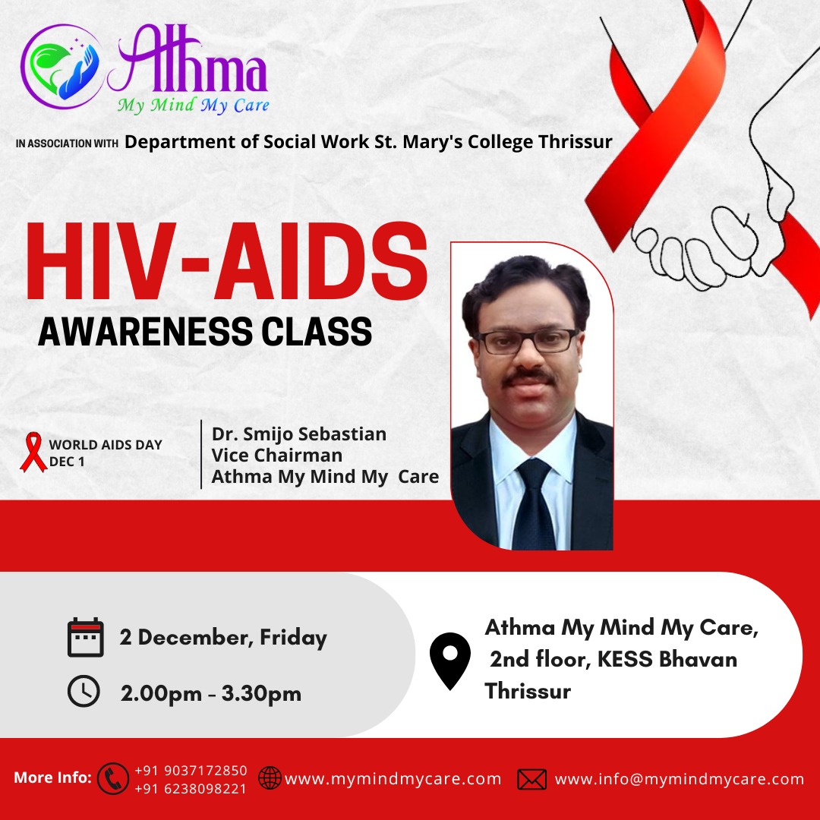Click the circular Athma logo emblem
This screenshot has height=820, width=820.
coord(62,66)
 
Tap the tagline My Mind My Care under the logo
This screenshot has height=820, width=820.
coord(194,105)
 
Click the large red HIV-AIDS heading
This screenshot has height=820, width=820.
coord(227,261)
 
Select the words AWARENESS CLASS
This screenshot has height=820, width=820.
coord(205,331)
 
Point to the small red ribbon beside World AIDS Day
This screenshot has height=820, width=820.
coord(33,452)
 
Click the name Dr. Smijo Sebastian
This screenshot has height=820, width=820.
coord(298,434)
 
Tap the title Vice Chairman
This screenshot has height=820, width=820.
coord(276,455)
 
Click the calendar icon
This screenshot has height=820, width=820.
coord(86,637)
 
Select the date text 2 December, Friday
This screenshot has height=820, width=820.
coord(223,638)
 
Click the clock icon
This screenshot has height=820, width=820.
coord(84,691)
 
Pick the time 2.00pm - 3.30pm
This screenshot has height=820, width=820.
coord(211,694)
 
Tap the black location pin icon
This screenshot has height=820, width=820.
coord(450,661)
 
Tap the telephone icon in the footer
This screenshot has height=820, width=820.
coord(113,778)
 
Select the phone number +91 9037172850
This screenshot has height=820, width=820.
coord(191,771)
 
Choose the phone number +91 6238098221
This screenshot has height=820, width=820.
coord(191,789)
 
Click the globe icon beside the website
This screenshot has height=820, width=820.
coord(270,778)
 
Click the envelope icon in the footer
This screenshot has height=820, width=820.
coord(531,779)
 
